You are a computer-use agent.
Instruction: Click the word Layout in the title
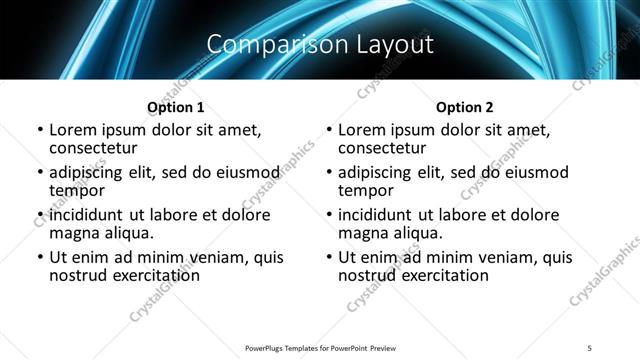tap(387, 45)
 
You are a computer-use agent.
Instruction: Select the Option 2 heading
tap(464, 107)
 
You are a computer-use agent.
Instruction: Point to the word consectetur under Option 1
tap(95, 148)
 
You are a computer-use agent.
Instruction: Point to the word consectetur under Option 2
tap(384, 148)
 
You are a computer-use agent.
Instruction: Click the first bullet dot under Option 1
tap(39, 130)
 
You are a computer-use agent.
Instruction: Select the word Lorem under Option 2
tap(362, 130)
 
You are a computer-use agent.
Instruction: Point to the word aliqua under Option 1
tap(124, 233)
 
